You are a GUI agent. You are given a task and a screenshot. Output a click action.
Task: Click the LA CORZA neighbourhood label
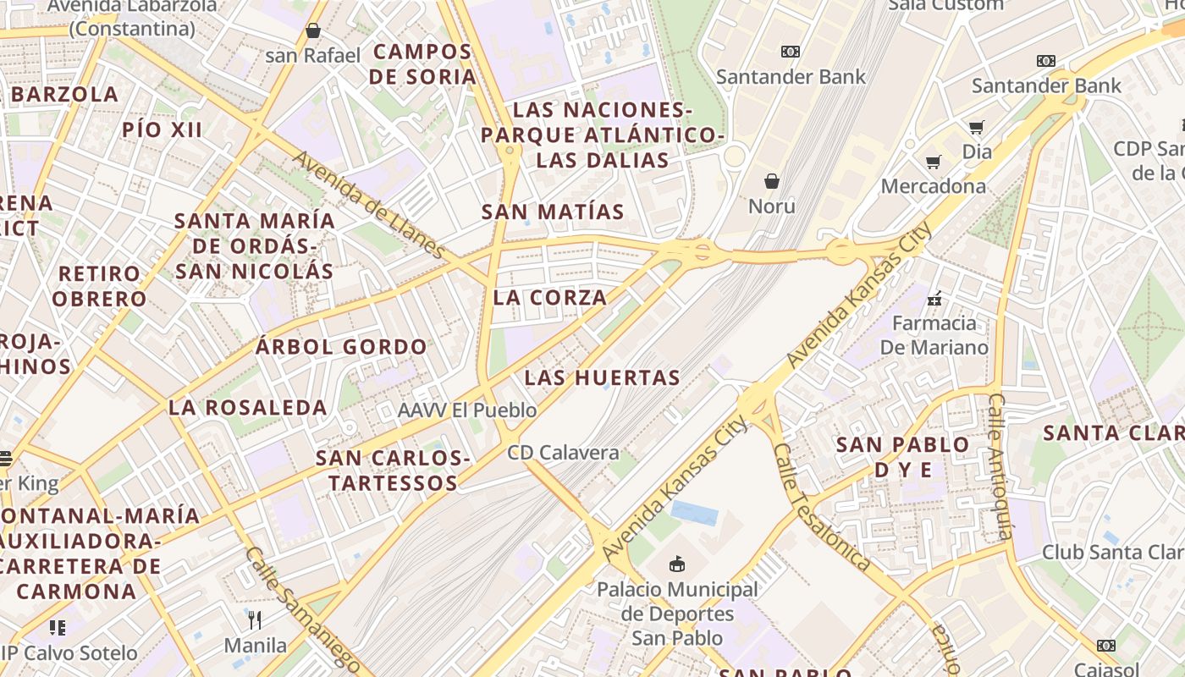pos(550,298)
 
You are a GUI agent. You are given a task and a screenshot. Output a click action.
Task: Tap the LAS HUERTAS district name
pos(602,377)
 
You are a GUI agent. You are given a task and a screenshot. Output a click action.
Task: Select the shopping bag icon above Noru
pos(772,181)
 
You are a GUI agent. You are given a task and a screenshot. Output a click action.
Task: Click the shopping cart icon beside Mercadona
pos(934,162)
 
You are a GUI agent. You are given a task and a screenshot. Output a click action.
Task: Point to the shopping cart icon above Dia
pos(977,128)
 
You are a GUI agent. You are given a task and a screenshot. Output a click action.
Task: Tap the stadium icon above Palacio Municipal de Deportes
pos(677,564)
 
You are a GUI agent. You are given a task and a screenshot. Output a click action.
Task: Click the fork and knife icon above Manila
pos(255,620)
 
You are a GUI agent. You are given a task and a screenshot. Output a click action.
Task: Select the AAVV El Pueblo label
pos(467,410)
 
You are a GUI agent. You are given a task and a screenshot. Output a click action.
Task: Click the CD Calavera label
pos(563,453)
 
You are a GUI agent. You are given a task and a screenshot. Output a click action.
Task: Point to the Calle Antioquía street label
pos(1000,465)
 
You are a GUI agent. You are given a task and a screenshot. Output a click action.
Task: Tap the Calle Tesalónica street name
pos(821,508)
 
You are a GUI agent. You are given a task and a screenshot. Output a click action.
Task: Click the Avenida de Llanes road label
pos(369,206)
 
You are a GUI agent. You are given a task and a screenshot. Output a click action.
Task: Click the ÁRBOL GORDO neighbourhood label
pos(342,347)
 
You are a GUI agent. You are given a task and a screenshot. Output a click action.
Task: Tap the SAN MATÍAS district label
pos(553,212)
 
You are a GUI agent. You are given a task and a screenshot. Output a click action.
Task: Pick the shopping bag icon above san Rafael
pos(313,30)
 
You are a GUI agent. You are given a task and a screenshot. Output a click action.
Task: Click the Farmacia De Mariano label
pos(934,335)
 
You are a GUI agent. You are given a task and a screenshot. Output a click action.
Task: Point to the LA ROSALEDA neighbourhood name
pos(248,407)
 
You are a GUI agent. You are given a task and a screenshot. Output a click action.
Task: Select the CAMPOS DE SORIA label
pos(423,63)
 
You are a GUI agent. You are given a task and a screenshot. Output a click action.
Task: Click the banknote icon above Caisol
pos(1105,646)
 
